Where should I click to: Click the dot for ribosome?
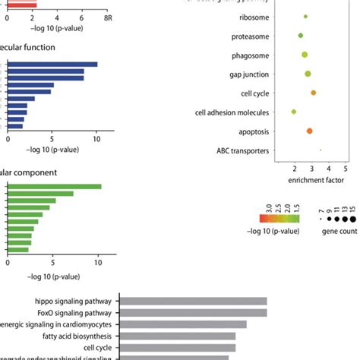[305, 16]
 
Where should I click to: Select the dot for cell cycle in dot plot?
[313, 93]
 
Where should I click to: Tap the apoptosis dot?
[309, 131]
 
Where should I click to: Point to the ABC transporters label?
[242, 151]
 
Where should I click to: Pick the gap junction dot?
[308, 74]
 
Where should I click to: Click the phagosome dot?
[305, 55]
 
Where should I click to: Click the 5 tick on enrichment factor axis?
[346, 169]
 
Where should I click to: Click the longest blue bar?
[52, 64]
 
